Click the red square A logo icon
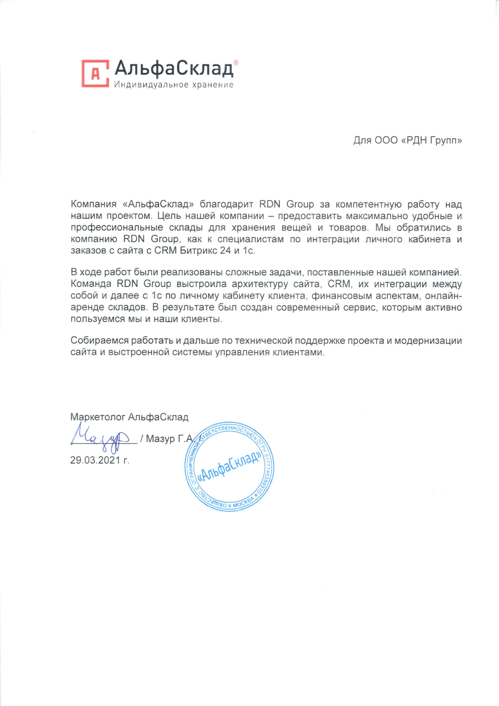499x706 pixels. (95, 73)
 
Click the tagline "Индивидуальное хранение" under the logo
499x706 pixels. (173, 85)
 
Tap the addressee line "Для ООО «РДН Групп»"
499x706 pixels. (407, 141)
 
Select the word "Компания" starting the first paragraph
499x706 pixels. (94, 204)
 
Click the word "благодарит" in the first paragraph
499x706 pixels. (226, 204)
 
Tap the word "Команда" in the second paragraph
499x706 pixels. (91, 284)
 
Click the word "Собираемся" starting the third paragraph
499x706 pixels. (99, 341)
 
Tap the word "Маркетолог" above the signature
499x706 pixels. (97, 417)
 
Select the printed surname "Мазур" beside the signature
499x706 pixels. (160, 439)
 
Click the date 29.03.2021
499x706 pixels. (95, 460)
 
